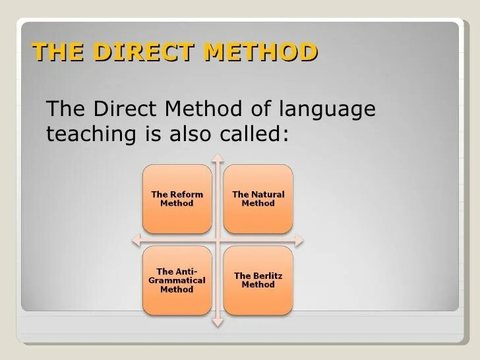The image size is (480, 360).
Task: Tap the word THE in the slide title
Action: point(57,51)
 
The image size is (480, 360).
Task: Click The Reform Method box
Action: point(177,198)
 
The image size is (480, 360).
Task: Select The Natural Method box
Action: point(258,198)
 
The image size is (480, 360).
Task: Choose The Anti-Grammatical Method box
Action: point(177,281)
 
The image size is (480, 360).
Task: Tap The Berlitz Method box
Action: point(258,280)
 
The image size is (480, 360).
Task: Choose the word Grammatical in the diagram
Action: point(177,281)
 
